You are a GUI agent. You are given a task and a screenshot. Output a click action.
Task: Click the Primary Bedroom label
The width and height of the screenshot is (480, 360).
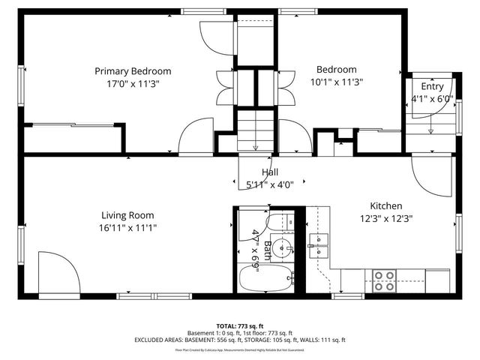(132, 71)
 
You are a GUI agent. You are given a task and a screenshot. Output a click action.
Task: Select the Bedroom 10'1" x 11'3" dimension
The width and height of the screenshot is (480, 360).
(336, 82)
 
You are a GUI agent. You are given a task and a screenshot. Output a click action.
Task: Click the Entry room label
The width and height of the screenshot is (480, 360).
(431, 87)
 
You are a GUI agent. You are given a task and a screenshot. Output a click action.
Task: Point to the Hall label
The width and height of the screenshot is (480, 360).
(269, 172)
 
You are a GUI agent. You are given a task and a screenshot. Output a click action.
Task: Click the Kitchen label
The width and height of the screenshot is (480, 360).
(386, 206)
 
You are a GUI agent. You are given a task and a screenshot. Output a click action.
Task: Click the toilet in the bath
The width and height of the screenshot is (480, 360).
(280, 220)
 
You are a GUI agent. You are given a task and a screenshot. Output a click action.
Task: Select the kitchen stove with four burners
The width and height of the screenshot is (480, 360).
(385, 280)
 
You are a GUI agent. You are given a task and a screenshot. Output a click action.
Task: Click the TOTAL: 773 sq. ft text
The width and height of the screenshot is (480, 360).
(240, 326)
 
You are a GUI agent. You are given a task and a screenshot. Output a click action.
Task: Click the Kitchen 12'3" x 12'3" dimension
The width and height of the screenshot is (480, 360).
(386, 219)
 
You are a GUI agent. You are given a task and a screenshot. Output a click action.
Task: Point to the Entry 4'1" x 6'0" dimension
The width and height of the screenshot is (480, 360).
(431, 98)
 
